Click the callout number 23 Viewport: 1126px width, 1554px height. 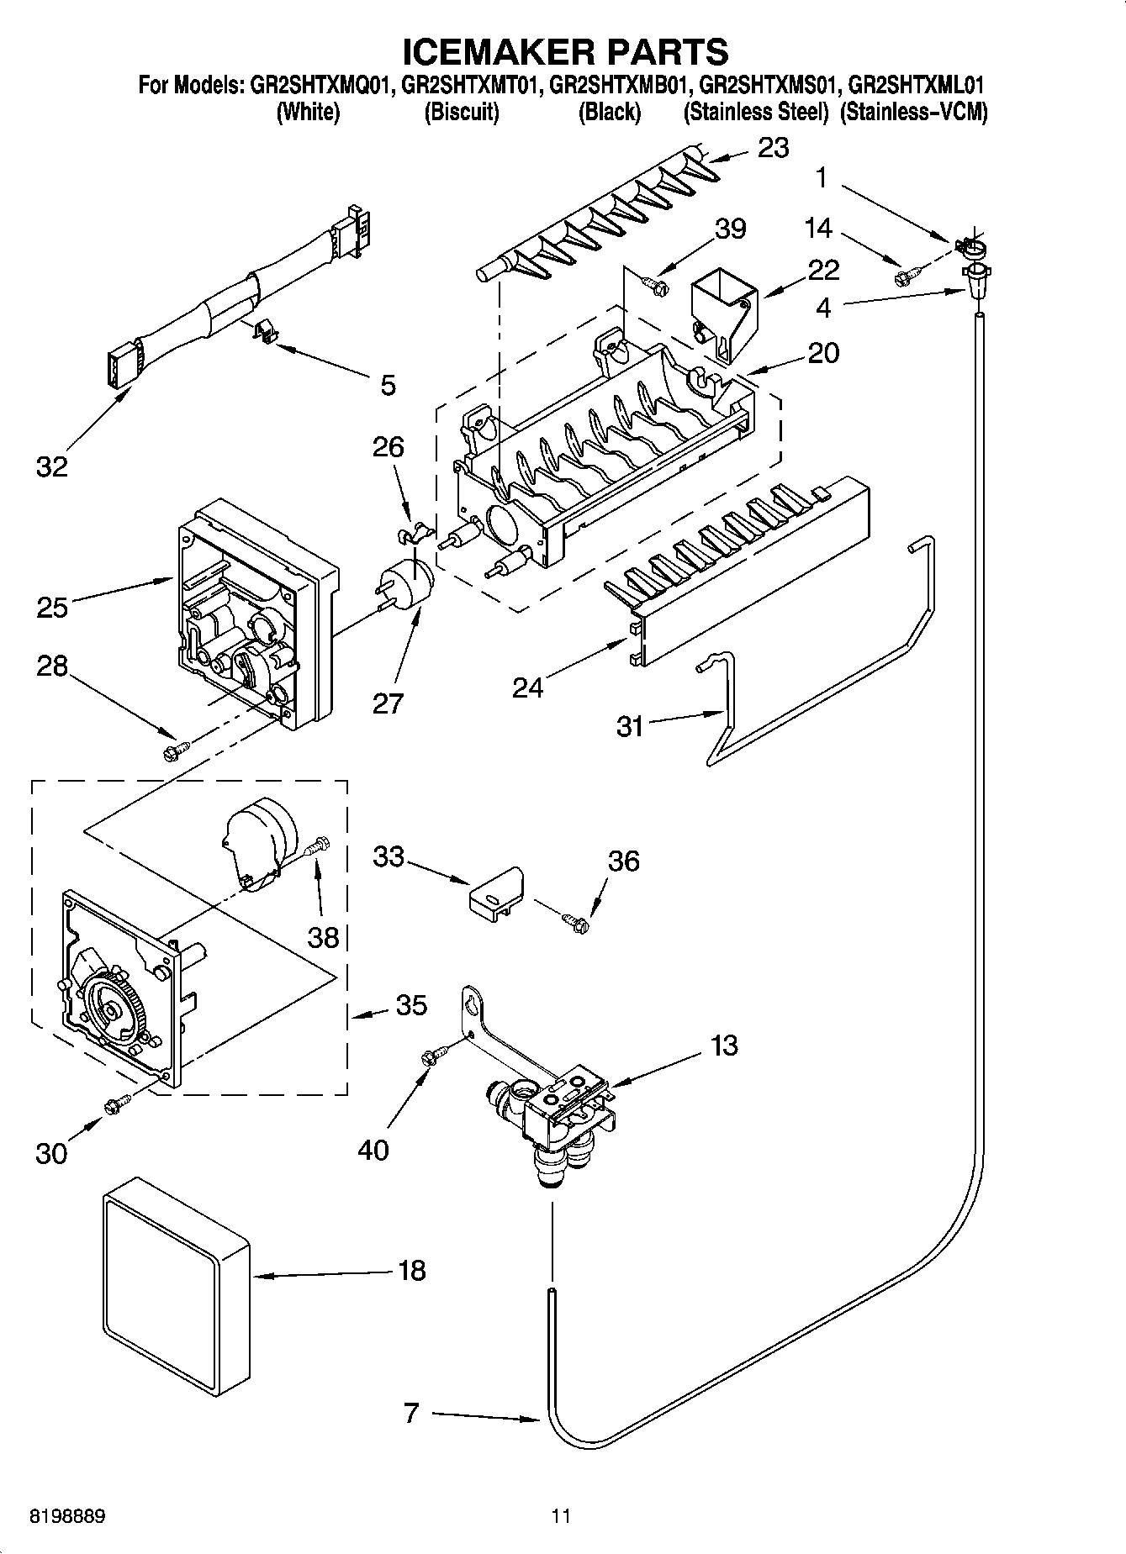tap(773, 148)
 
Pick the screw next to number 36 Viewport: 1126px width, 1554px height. tap(577, 922)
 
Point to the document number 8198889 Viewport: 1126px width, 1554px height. tap(67, 1516)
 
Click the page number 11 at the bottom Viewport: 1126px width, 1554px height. tap(561, 1516)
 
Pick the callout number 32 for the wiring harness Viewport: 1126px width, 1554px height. tap(51, 466)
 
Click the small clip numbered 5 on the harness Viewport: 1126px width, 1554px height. tap(265, 330)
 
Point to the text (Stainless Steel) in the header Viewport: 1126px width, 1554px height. tap(756, 113)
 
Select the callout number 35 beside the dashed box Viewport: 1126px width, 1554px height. tap(410, 1004)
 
